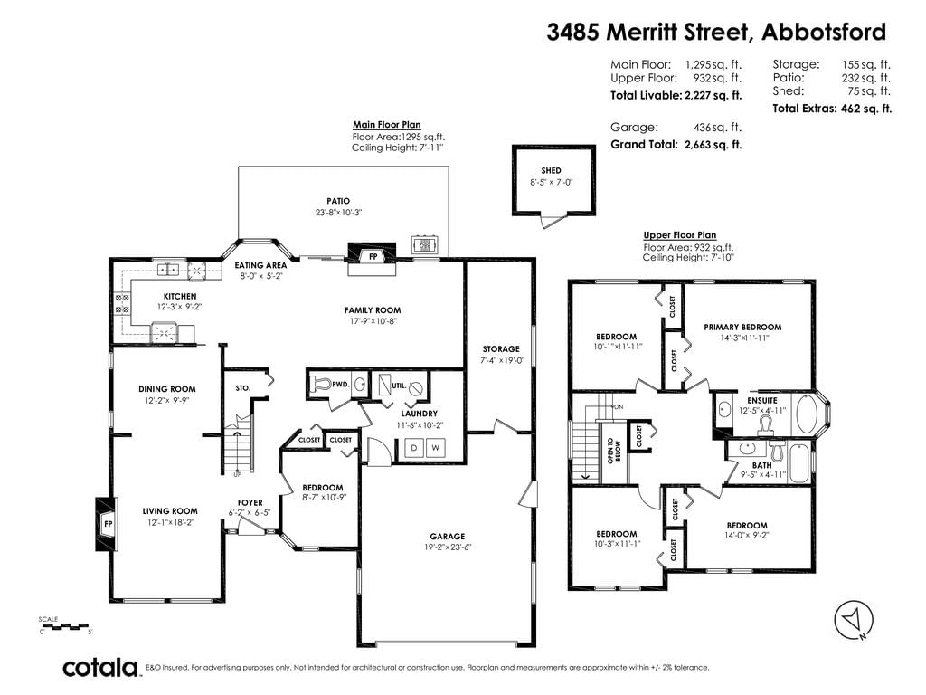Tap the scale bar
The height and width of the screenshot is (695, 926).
coord(64,625)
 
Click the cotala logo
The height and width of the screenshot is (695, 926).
coord(100,668)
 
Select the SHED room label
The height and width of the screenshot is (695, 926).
coord(551,170)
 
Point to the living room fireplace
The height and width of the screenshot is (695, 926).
coord(107,524)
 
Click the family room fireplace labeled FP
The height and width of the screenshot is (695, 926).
coord(372,256)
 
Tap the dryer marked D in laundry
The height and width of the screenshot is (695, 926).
coord(414,447)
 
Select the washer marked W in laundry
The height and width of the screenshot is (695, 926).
coord(435,447)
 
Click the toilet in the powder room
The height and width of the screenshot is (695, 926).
coord(320,384)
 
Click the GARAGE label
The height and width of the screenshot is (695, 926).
coord(447,537)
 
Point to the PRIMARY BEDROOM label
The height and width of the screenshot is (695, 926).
coord(742,327)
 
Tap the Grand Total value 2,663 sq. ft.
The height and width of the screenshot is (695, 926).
coord(713,144)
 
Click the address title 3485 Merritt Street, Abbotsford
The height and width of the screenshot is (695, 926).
coord(716,32)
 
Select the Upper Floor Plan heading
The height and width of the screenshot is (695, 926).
coord(680,234)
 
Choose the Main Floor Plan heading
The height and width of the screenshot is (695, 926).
coord(387,125)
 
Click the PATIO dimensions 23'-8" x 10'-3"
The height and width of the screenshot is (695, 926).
coord(338,212)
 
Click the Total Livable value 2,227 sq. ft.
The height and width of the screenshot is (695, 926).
coord(713,95)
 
